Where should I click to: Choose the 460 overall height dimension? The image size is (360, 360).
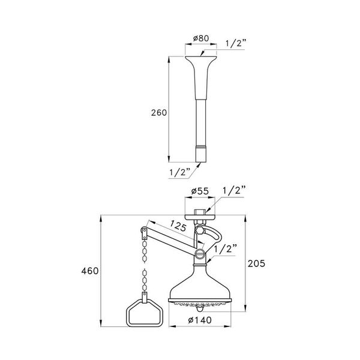(90, 272)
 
